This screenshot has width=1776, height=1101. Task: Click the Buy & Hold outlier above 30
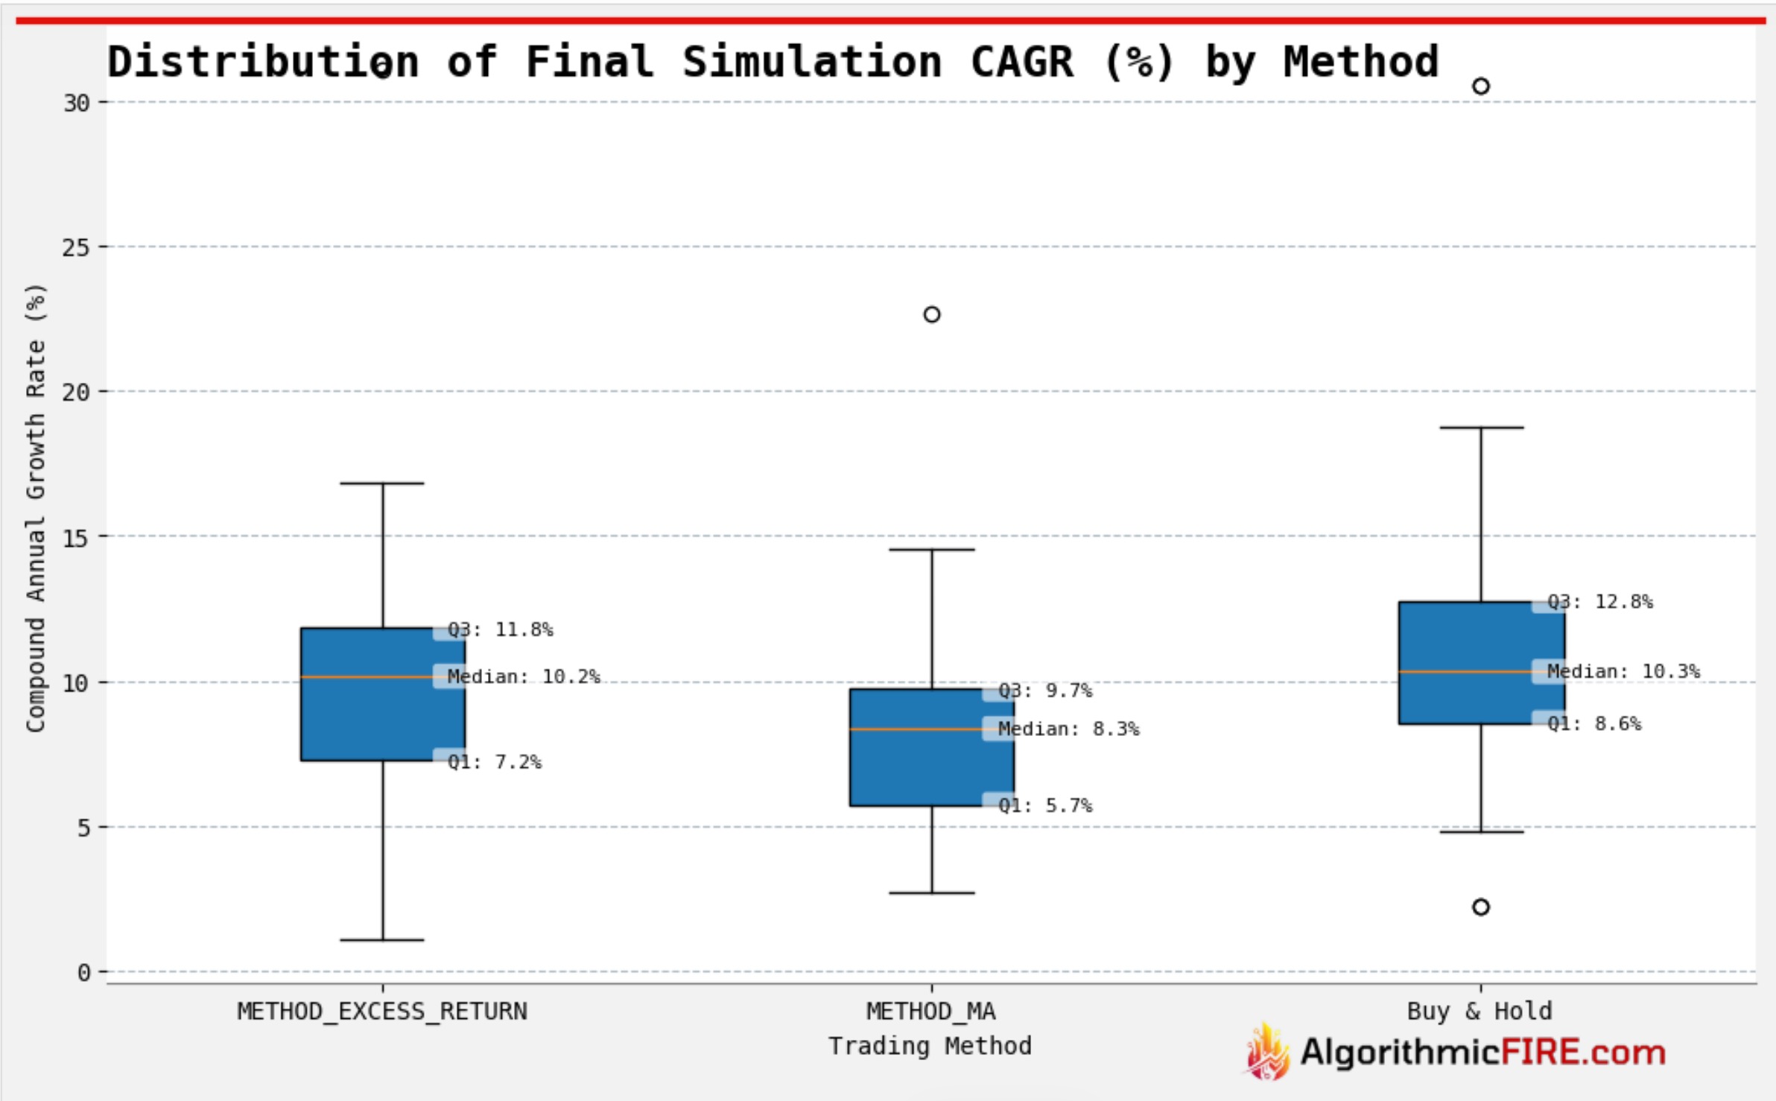click(x=1481, y=86)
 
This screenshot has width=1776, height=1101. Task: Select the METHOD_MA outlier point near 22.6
click(x=932, y=314)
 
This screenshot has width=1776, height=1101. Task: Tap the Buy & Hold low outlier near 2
click(x=1481, y=907)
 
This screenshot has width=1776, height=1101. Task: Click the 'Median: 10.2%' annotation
click(x=524, y=676)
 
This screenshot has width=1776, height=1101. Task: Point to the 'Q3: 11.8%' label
click(x=501, y=629)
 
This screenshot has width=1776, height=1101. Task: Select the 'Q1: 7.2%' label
click(x=495, y=762)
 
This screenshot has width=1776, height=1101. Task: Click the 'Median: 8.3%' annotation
click(x=1069, y=729)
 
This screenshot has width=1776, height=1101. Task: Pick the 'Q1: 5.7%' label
click(x=1045, y=805)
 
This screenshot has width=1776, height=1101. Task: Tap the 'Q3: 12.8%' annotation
click(x=1600, y=601)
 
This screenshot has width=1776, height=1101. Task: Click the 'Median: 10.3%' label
click(x=1624, y=671)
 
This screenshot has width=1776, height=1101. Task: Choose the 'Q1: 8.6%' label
click(x=1594, y=723)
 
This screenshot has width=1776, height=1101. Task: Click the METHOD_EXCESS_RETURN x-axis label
click(x=382, y=1012)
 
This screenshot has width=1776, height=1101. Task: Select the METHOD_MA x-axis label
click(x=931, y=1012)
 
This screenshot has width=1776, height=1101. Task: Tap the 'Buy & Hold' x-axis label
click(x=1480, y=1012)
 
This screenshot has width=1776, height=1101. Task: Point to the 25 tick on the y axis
click(x=76, y=247)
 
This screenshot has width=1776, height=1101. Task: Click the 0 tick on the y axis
click(x=83, y=972)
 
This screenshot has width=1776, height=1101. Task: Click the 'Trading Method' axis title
click(x=930, y=1046)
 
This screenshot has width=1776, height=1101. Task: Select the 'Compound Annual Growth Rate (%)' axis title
click(x=36, y=508)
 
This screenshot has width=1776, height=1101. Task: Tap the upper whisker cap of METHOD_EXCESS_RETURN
click(x=383, y=483)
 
